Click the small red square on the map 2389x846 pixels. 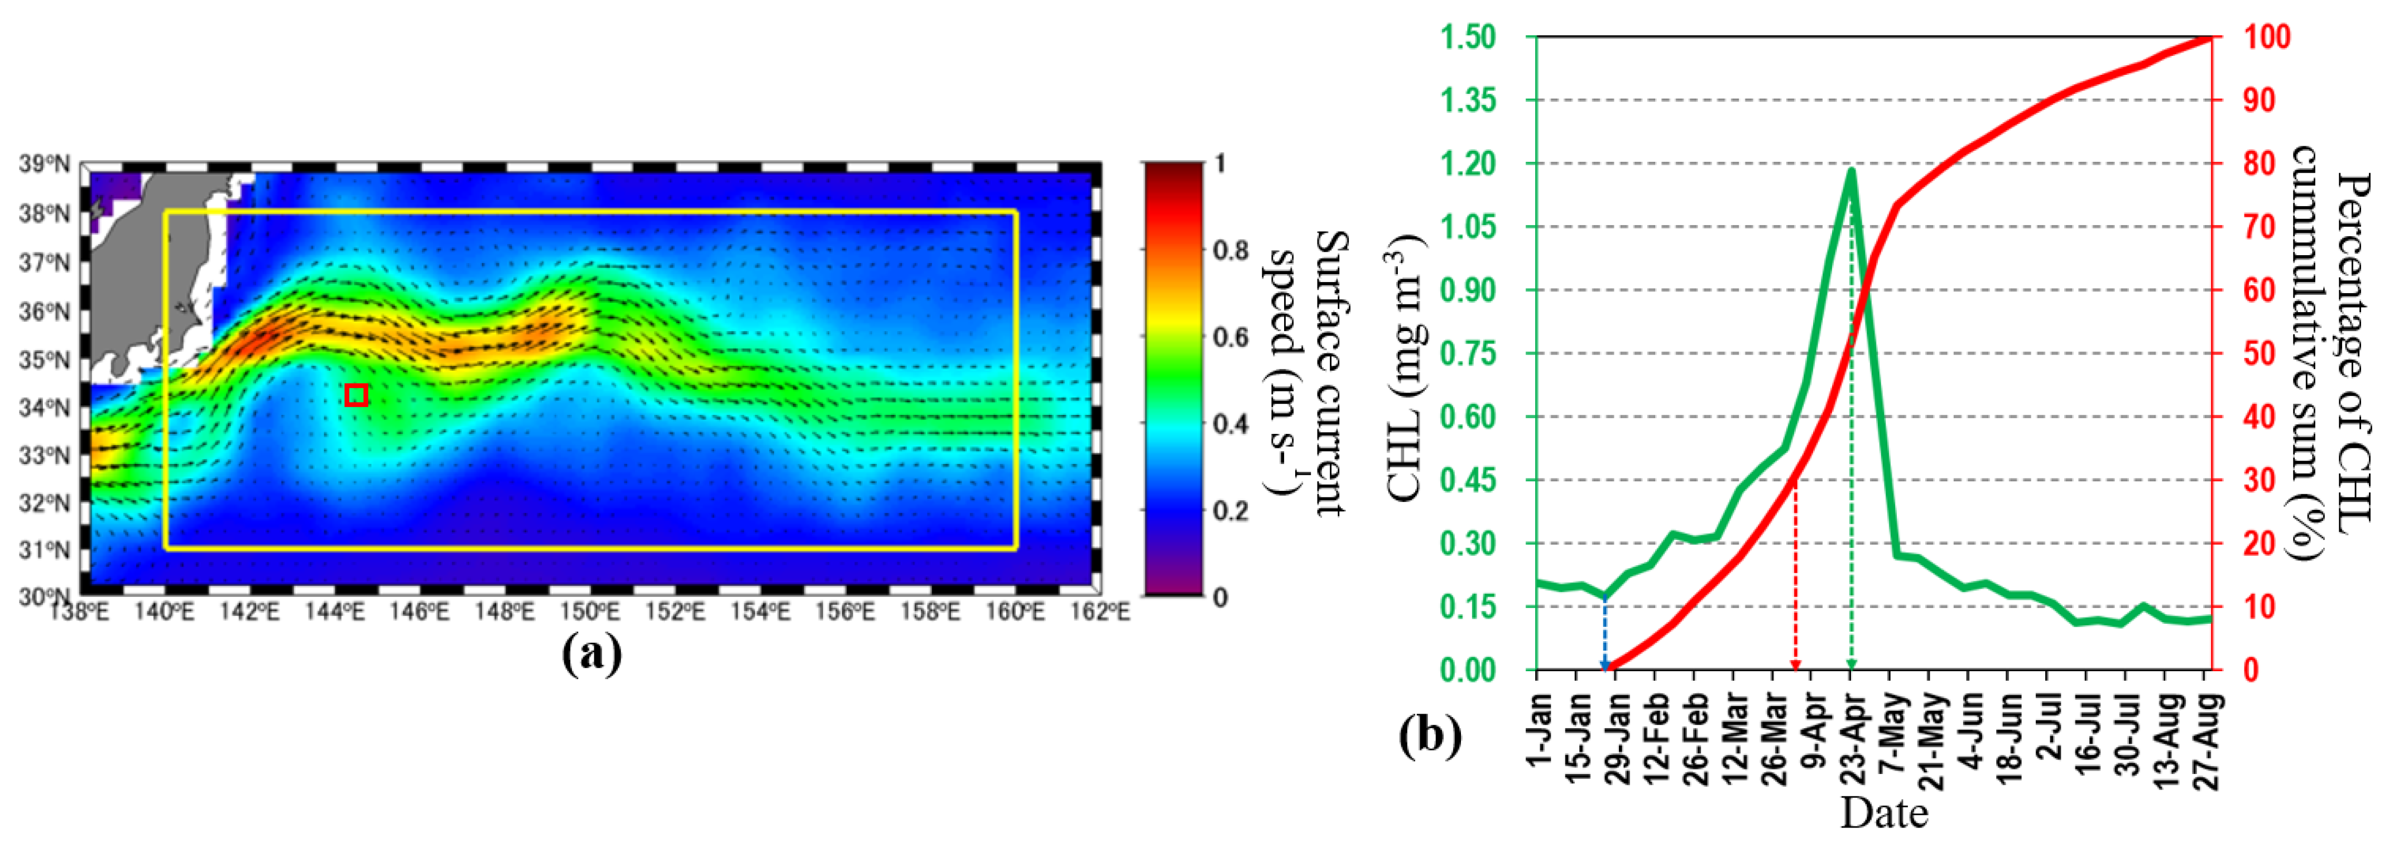coord(356,395)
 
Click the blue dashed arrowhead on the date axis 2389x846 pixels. coord(1606,663)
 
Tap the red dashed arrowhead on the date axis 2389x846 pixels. coord(1795,663)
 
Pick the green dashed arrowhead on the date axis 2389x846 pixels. coord(1851,663)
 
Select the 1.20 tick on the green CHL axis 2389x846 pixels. coord(1468,164)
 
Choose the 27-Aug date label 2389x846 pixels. coord(2210,742)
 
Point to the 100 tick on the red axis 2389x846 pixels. coord(2267,38)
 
